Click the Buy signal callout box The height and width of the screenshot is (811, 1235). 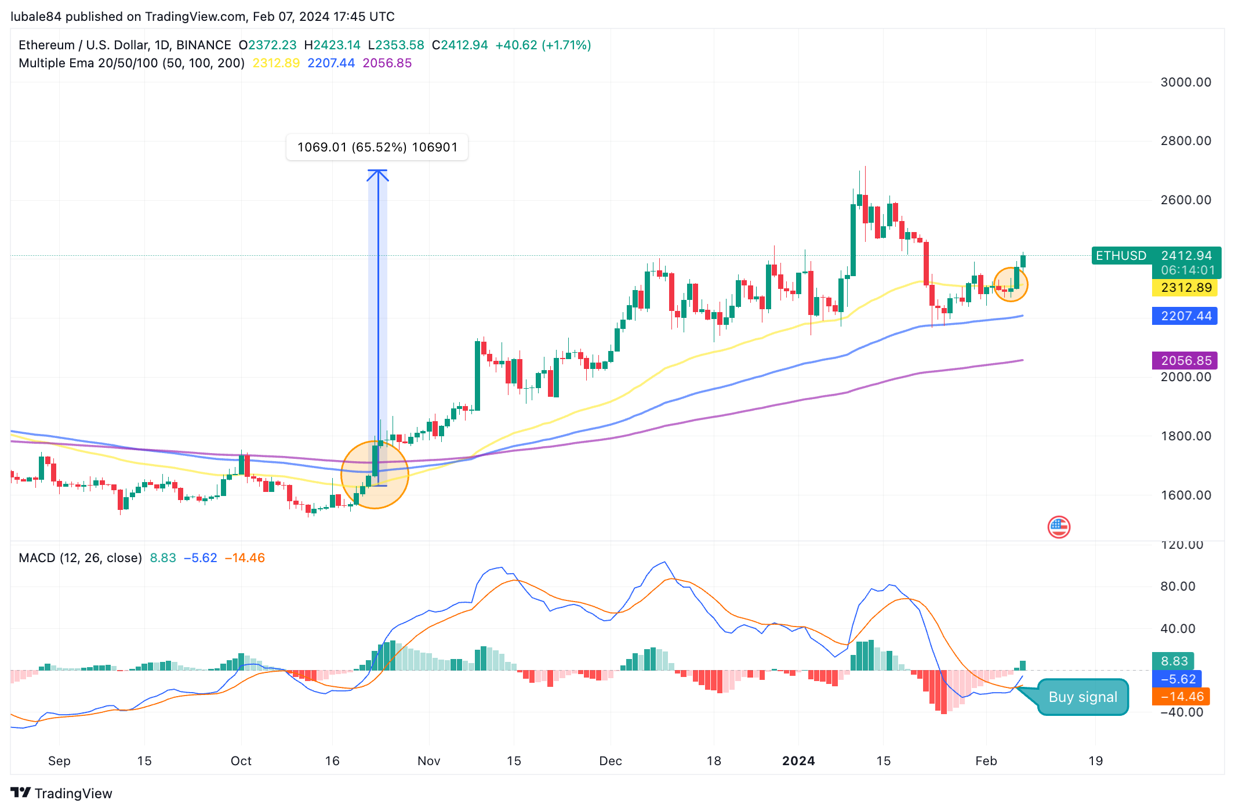click(x=1082, y=697)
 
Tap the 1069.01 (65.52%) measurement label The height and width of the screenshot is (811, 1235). click(x=377, y=147)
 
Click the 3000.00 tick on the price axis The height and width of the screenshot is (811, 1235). click(x=1185, y=82)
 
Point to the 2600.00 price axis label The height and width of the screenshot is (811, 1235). click(x=1185, y=200)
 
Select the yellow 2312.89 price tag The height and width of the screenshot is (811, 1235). click(x=1185, y=288)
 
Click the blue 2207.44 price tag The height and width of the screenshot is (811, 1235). click(x=1185, y=316)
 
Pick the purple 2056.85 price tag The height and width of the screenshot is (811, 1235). click(x=1185, y=360)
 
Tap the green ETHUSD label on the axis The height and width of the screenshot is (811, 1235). click(x=1120, y=256)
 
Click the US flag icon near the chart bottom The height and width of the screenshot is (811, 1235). click(x=1058, y=527)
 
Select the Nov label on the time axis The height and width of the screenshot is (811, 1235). click(x=428, y=761)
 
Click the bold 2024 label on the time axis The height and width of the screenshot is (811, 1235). click(x=798, y=761)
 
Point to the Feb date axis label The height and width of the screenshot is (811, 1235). click(x=986, y=761)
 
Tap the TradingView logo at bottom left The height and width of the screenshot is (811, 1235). click(x=61, y=793)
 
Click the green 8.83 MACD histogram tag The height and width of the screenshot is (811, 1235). click(x=1174, y=661)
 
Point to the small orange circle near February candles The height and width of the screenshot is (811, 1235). click(x=1010, y=284)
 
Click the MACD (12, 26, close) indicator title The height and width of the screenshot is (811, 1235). click(x=80, y=558)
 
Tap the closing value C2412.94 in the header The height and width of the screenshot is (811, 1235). click(x=460, y=45)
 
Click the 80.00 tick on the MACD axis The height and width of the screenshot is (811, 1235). click(x=1177, y=586)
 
